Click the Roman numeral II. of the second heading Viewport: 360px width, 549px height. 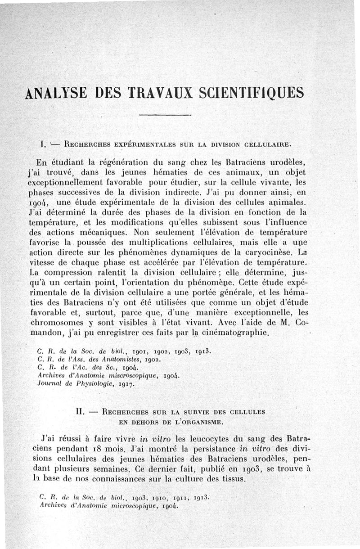tap(81, 411)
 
